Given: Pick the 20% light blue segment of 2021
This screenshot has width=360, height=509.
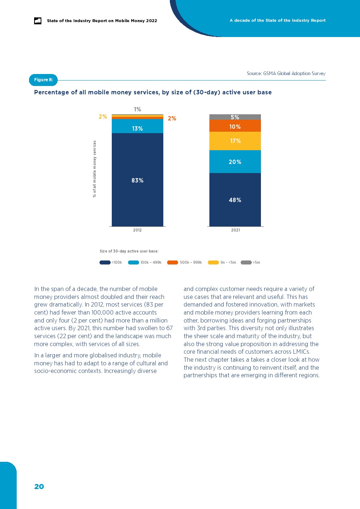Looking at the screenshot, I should click(x=235, y=162).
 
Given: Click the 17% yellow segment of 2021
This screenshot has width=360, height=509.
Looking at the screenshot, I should click(x=235, y=141).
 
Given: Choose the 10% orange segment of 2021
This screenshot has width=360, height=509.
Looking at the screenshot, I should click(x=235, y=126).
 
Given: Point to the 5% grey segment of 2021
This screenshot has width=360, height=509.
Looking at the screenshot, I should click(x=235, y=117).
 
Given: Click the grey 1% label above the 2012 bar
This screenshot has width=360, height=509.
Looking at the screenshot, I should click(x=137, y=109).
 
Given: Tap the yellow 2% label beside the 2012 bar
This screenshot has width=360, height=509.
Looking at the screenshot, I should click(x=103, y=116).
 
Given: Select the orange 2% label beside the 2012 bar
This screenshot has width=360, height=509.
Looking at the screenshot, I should click(x=172, y=118).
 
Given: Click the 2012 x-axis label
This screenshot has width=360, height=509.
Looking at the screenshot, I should click(x=137, y=230).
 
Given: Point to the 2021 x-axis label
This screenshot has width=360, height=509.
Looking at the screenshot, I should click(x=235, y=230).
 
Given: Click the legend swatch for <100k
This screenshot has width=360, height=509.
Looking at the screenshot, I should click(x=105, y=262).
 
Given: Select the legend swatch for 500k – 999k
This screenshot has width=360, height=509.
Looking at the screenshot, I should click(x=172, y=262).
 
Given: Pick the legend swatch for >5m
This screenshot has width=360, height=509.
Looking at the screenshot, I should click(x=246, y=262).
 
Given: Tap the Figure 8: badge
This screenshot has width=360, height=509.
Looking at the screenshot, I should click(x=43, y=80).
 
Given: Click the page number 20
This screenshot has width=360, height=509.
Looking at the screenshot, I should click(x=39, y=487).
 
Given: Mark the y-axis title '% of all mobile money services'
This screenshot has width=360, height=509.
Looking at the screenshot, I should click(x=94, y=169).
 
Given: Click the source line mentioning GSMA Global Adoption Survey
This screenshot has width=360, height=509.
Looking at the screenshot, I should click(x=286, y=73).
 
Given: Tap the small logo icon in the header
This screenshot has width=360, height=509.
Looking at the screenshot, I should click(x=38, y=21).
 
